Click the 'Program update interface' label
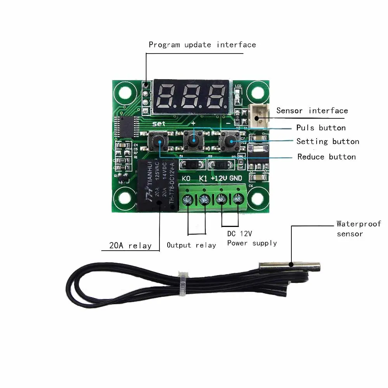pyautogui.click(x=202, y=45)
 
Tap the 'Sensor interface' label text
pyautogui.click(x=312, y=111)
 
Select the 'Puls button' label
pyautogui.click(x=321, y=128)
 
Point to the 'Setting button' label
pyautogui.click(x=328, y=141)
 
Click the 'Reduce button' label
pyautogui.click(x=326, y=157)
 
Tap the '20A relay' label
pyautogui.click(x=130, y=245)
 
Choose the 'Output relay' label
pyautogui.click(x=191, y=245)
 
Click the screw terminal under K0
pyautogui.click(x=187, y=200)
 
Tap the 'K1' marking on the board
pyautogui.click(x=203, y=178)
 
